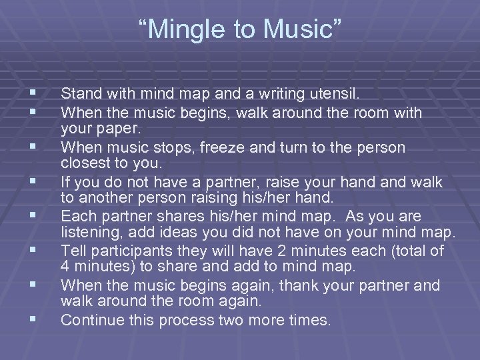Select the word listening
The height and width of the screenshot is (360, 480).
(x=89, y=232)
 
